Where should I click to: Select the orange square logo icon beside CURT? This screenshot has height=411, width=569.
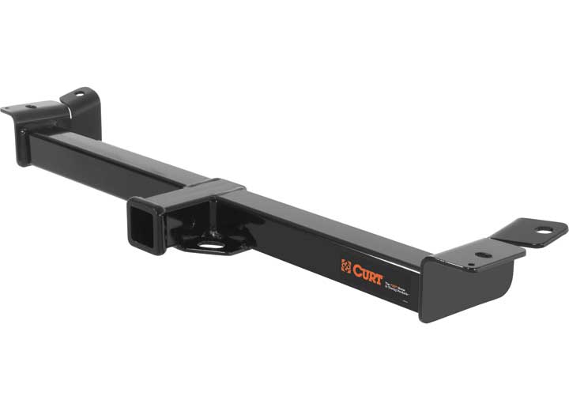tap(346, 266)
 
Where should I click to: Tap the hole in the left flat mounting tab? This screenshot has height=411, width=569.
tap(32, 107)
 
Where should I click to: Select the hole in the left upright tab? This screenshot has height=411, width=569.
tap(78, 97)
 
